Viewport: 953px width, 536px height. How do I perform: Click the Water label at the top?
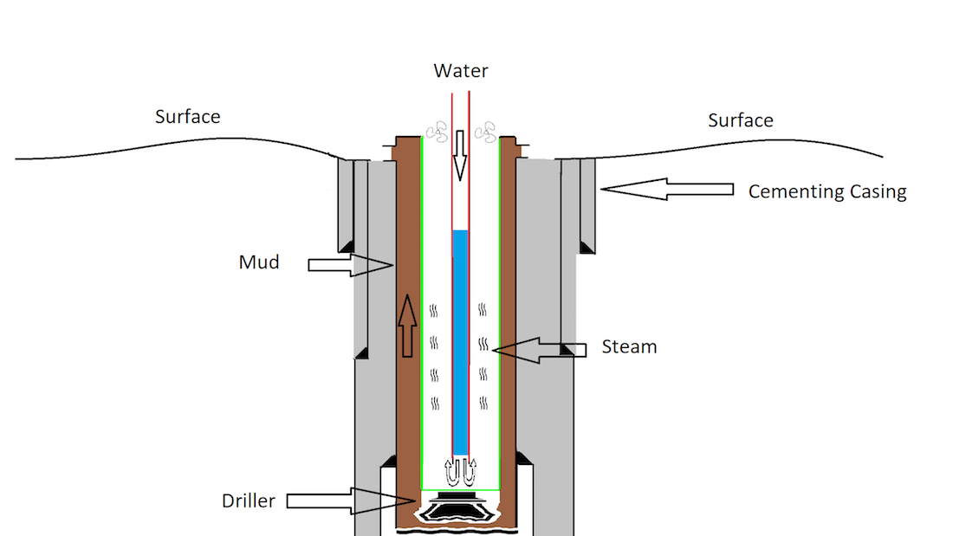(460, 71)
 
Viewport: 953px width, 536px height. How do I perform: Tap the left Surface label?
(187, 116)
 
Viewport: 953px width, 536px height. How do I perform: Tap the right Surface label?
(741, 120)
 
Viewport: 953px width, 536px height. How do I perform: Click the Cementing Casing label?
(827, 191)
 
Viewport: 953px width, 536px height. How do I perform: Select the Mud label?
(259, 262)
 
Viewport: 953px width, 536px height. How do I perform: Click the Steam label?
(629, 347)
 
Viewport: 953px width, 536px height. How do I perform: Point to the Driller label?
(249, 500)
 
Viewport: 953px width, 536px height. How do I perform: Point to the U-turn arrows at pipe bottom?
(460, 473)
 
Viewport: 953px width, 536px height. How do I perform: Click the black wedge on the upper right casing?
(587, 247)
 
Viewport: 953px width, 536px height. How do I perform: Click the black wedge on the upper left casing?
(344, 243)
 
